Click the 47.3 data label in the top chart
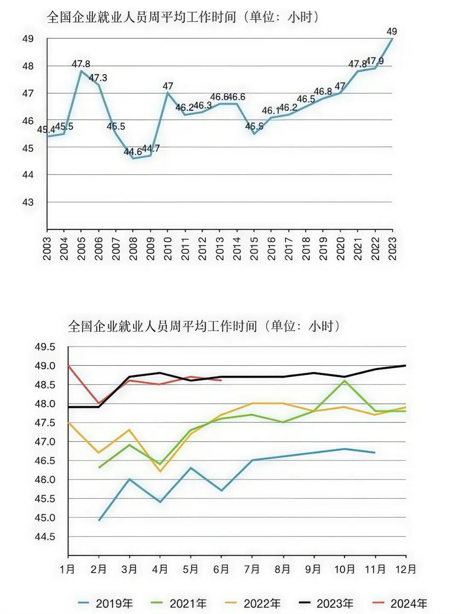click(x=98, y=78)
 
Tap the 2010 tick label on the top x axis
click(x=168, y=248)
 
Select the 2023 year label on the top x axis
click(x=392, y=248)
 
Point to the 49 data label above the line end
click(x=391, y=32)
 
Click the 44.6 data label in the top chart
click(x=133, y=152)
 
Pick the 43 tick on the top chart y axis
click(x=28, y=202)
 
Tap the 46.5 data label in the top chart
click(x=306, y=99)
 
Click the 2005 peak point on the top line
click(x=81, y=71)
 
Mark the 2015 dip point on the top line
click(x=254, y=134)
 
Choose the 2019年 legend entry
click(x=105, y=603)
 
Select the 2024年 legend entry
click(x=400, y=603)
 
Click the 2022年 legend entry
click(x=253, y=603)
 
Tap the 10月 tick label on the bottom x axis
click(x=344, y=569)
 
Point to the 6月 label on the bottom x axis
click(x=221, y=569)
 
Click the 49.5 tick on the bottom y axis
click(x=45, y=347)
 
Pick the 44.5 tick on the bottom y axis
click(x=45, y=537)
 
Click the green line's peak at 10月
click(x=344, y=381)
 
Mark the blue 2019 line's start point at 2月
click(x=99, y=520)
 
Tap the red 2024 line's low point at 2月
click(x=99, y=403)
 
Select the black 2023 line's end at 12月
click(x=405, y=366)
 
